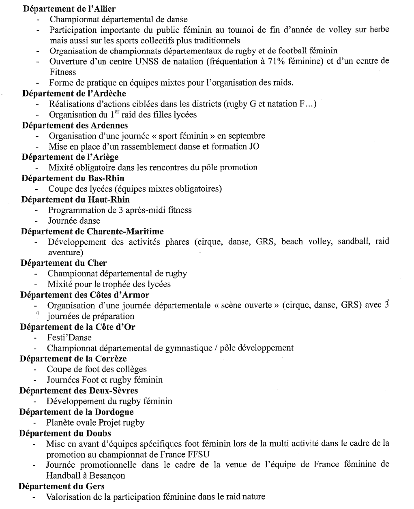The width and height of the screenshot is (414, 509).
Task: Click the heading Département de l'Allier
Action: (x=69, y=9)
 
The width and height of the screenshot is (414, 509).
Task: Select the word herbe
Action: (x=379, y=30)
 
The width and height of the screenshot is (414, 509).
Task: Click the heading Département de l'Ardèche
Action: (x=74, y=94)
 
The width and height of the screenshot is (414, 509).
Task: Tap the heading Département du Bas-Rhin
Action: (x=73, y=178)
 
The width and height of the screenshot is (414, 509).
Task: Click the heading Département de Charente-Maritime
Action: (x=92, y=231)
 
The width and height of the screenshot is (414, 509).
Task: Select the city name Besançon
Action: (x=105, y=475)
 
